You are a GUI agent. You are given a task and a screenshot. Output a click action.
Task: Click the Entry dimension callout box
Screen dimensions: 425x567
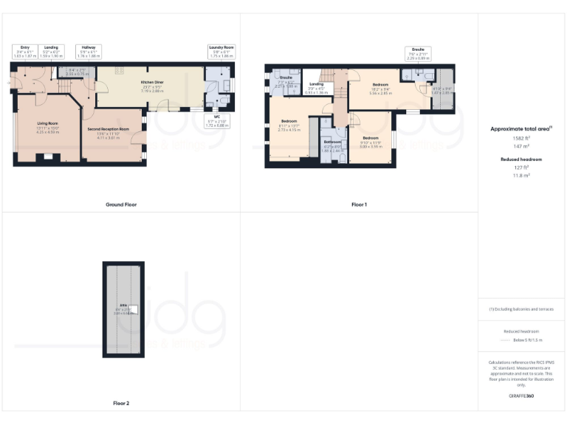point(25,51)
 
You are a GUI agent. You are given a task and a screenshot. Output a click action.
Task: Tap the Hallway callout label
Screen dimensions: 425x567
point(88,51)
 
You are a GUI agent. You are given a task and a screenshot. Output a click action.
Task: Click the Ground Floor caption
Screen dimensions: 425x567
point(121,204)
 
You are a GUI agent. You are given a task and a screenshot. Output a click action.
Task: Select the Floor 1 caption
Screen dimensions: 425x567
point(359,204)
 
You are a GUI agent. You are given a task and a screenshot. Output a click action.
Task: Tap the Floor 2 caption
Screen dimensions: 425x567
point(121,404)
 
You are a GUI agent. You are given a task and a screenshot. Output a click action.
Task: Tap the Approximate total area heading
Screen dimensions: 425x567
point(521,128)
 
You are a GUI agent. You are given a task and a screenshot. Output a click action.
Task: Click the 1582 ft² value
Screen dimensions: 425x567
point(521,138)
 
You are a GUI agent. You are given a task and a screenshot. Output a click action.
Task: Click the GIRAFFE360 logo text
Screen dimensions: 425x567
point(521,396)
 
